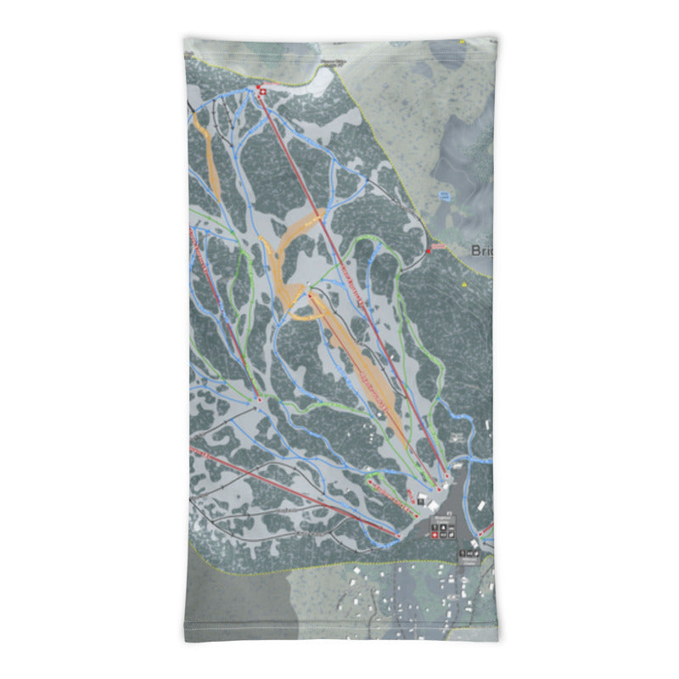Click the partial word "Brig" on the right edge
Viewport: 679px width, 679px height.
point(481,251)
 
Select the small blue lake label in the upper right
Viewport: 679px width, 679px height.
point(444,195)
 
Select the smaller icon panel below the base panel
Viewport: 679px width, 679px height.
point(468,555)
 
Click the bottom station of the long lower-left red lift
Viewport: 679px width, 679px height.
point(397,536)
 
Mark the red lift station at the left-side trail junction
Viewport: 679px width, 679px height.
point(258,398)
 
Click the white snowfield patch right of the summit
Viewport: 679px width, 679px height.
point(321,81)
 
